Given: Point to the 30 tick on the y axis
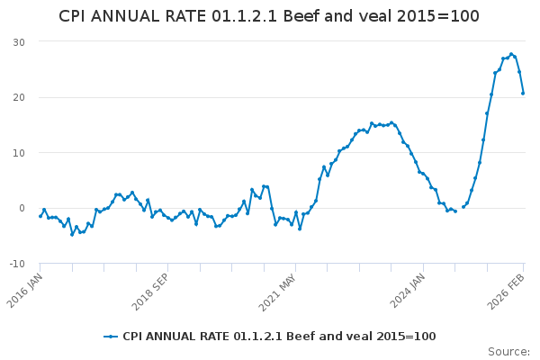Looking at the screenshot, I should coord(19,42).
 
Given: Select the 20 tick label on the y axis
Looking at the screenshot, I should coord(19,97).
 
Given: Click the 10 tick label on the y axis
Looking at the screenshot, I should coord(19,153).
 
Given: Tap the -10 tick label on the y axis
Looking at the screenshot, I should coord(17,264).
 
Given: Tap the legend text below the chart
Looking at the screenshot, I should coord(279,337).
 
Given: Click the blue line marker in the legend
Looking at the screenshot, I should coord(111,337).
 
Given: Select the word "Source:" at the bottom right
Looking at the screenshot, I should coord(508,352).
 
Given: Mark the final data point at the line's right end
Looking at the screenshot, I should coord(523,93).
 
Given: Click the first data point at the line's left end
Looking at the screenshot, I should coord(40,216).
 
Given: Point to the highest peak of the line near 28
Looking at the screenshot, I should coord(511,54).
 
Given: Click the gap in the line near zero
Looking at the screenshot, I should coord(459,209).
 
